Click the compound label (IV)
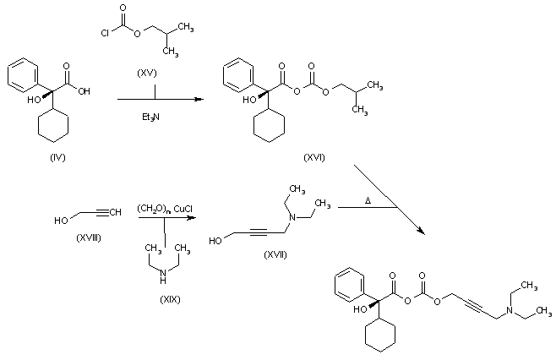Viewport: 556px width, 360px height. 57,157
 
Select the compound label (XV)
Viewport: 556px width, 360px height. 146,73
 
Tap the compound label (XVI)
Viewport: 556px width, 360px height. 314,157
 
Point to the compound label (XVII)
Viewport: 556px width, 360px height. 275,254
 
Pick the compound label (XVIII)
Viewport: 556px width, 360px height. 89,237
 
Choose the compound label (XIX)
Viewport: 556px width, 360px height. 170,299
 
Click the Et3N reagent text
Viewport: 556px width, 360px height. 150,117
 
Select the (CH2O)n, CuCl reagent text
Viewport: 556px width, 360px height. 165,209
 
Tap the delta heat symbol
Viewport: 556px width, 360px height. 368,201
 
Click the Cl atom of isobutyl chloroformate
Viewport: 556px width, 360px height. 105,33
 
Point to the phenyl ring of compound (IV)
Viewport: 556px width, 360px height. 23,75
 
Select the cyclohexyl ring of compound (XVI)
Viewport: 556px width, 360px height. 270,125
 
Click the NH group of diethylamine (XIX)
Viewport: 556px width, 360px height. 163,276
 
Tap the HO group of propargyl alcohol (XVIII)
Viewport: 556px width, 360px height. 61,221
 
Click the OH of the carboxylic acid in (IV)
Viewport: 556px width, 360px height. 84,91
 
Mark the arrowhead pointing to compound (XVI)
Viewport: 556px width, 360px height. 199,100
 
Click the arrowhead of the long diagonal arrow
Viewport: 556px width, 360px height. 421,231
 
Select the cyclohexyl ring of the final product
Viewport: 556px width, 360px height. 380,335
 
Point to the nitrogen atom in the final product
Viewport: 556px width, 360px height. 510,309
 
